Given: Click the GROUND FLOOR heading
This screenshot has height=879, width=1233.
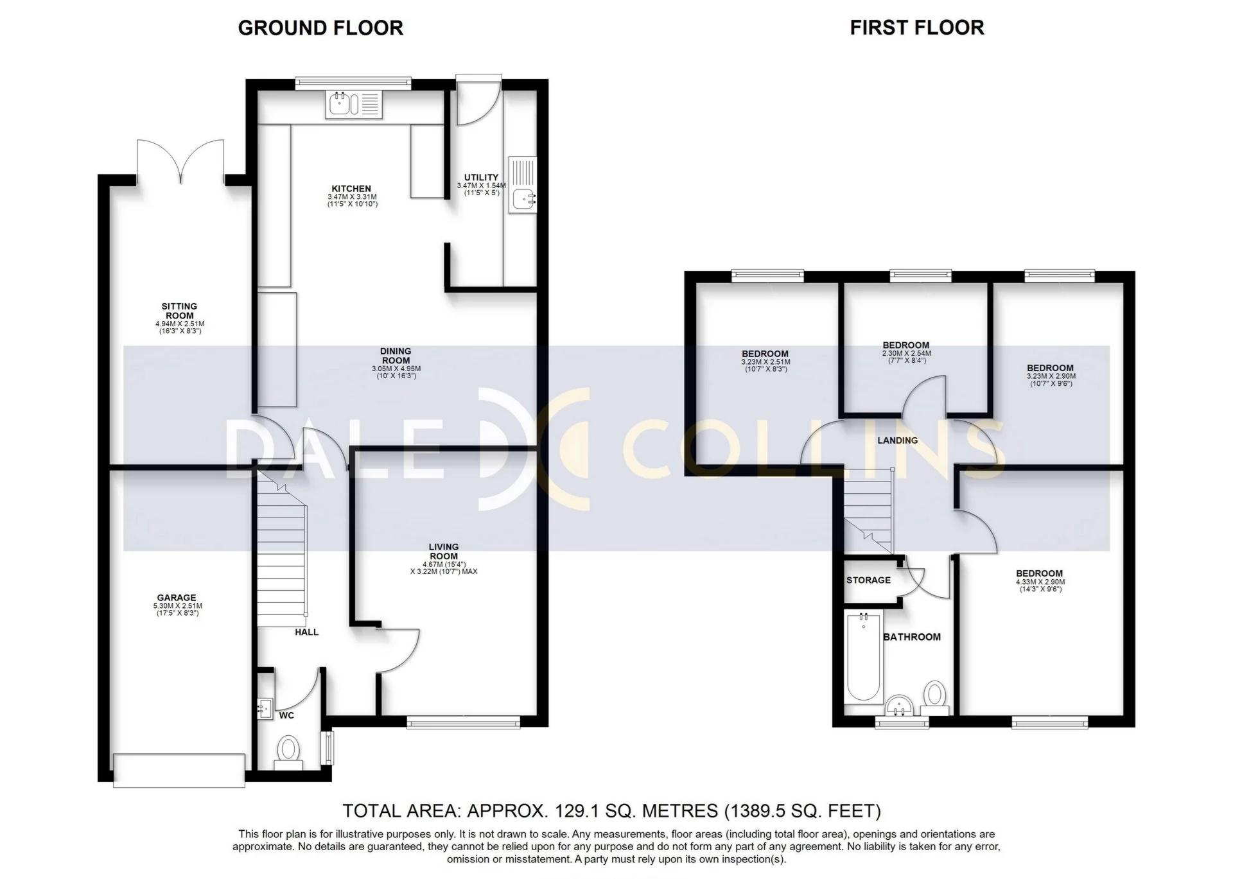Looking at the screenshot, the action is [320, 28].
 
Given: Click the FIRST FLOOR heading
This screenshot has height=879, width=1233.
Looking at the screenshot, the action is [917, 28].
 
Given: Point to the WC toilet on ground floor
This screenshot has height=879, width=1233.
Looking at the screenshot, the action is [288, 752].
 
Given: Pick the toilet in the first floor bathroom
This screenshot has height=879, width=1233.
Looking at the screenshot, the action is [934, 699].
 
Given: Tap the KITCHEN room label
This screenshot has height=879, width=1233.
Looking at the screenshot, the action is [351, 189].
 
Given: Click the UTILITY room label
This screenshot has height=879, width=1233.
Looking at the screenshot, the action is [481, 177].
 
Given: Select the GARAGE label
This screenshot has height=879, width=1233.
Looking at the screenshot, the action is [177, 598].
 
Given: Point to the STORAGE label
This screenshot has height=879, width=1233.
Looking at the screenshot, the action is [868, 580].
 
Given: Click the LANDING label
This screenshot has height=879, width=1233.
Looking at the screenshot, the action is [897, 440].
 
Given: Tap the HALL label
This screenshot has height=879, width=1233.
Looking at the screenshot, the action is [307, 632].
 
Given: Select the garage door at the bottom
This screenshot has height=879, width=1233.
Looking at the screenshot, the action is [179, 770].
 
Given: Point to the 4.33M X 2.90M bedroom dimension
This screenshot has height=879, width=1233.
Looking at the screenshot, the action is [1040, 582].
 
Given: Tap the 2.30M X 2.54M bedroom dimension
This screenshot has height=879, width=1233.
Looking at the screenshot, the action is [906, 353].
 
